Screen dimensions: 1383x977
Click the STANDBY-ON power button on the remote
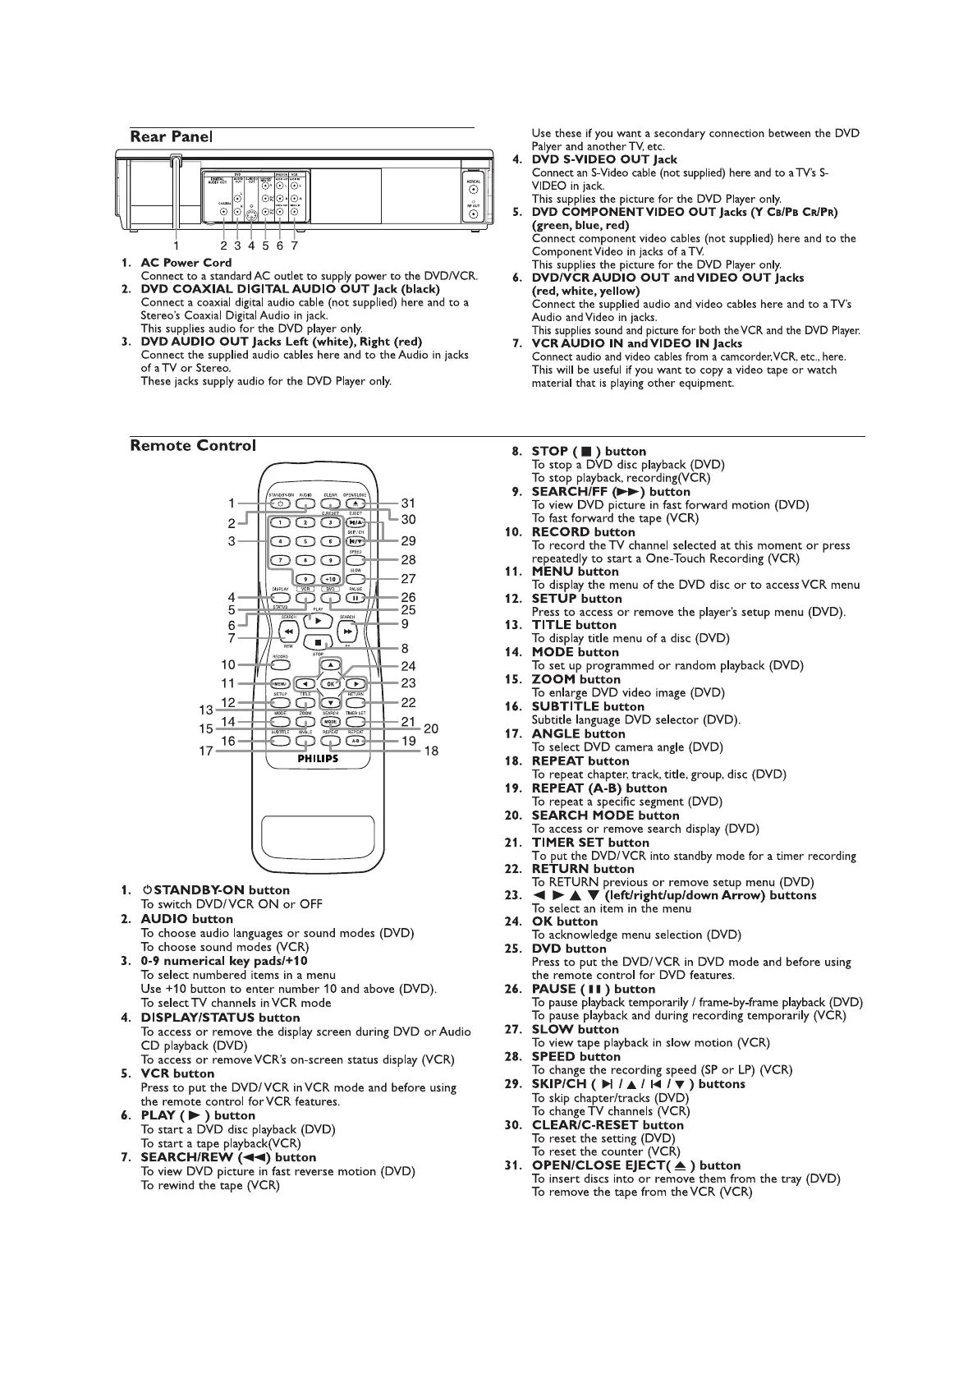(281, 503)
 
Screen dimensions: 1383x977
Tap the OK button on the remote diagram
(330, 683)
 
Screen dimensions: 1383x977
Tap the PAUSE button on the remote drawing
(355, 598)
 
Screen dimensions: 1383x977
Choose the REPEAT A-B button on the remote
(355, 740)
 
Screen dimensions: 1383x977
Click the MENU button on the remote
(281, 683)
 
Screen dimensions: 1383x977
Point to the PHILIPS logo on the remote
(318, 759)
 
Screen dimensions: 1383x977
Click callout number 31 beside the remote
(408, 503)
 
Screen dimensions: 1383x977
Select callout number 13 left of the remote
(206, 710)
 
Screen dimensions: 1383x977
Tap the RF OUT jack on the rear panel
(474, 215)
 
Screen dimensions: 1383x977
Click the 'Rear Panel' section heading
(172, 136)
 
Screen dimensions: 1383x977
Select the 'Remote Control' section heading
(193, 446)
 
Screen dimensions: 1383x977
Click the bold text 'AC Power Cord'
(186, 263)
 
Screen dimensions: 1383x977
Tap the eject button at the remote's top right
(355, 503)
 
